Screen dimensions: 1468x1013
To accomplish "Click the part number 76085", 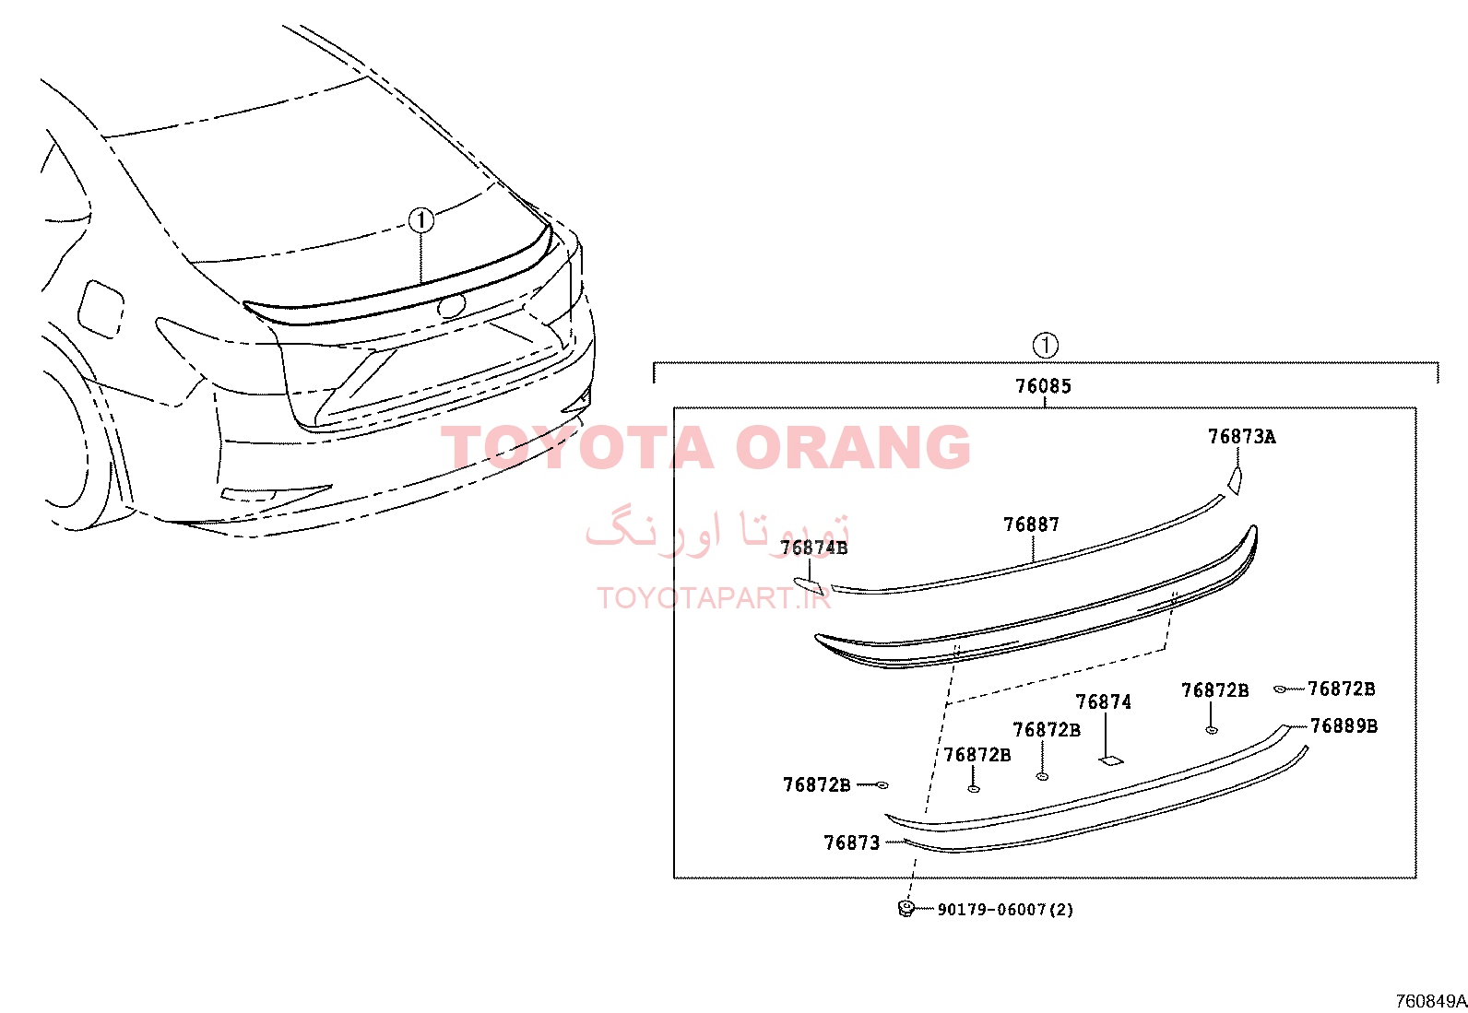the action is click(x=1043, y=386).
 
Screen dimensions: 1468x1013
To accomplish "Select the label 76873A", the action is click(x=1242, y=437).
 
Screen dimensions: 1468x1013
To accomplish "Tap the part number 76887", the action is click(x=1032, y=524).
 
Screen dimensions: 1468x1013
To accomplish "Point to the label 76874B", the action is click(x=813, y=548).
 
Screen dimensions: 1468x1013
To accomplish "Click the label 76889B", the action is click(x=1344, y=726).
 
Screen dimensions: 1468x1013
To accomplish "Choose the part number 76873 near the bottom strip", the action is click(x=852, y=842).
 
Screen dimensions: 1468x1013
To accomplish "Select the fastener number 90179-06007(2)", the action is click(x=1005, y=910).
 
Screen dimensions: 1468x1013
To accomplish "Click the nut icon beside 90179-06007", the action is click(x=906, y=908).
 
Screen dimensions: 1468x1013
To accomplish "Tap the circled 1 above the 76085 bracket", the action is click(x=1046, y=346).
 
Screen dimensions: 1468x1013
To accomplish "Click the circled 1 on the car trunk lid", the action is click(x=420, y=220).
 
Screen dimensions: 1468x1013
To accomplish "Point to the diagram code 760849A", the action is click(x=1431, y=1001).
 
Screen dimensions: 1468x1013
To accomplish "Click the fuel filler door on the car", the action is click(x=101, y=309).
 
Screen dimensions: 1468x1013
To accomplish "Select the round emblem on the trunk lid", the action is click(x=451, y=305).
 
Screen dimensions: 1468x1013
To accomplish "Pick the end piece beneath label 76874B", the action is click(x=809, y=585).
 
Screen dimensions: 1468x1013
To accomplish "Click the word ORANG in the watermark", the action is click(x=853, y=447).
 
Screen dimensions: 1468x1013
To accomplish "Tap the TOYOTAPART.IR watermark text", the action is click(x=714, y=598).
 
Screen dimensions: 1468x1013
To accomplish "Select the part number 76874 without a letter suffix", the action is click(x=1104, y=702).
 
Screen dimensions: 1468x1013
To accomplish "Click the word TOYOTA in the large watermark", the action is click(x=577, y=447).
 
